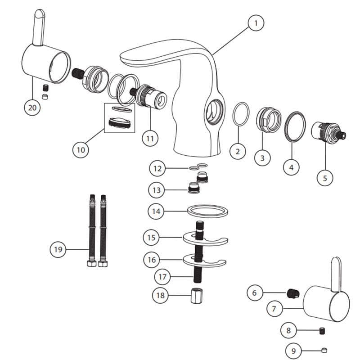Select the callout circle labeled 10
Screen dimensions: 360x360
point(81,149)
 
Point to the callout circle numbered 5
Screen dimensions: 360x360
point(325,177)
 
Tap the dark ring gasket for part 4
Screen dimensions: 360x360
point(295,126)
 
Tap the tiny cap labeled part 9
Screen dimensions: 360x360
point(324,350)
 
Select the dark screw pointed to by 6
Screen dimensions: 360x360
point(293,294)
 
